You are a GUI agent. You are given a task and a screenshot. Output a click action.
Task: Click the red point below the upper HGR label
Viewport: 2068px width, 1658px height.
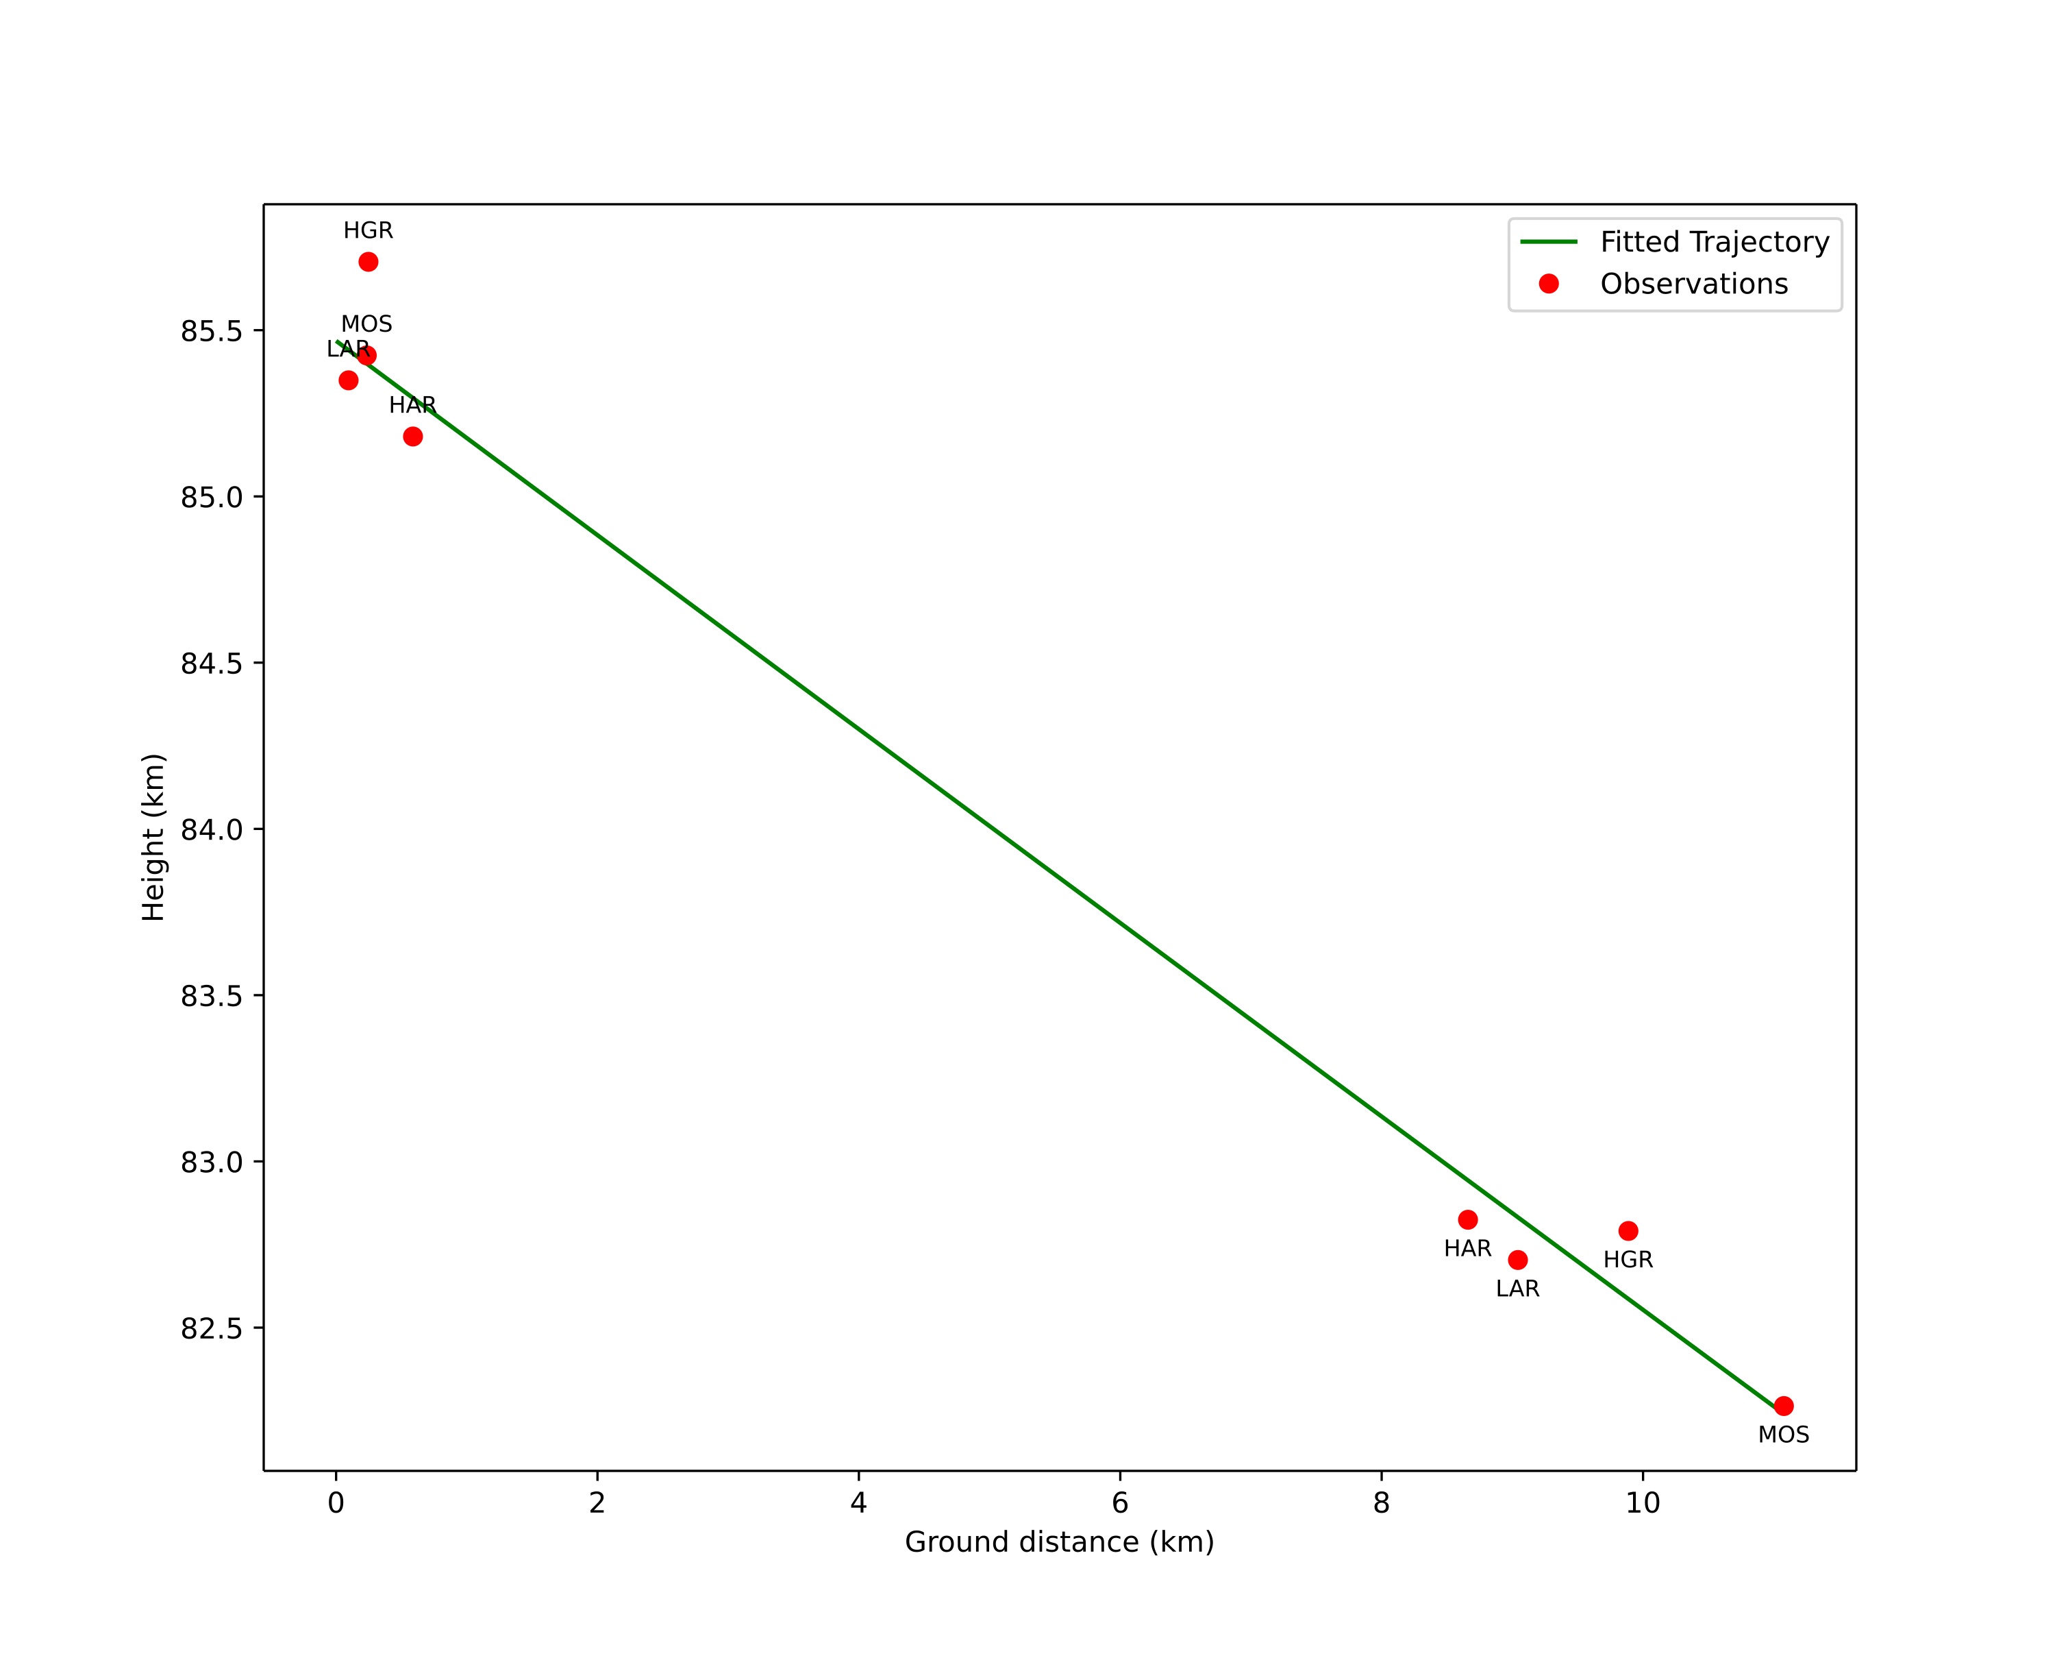click(369, 262)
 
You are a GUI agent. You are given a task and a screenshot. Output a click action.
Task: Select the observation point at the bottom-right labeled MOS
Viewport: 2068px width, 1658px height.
click(1783, 1406)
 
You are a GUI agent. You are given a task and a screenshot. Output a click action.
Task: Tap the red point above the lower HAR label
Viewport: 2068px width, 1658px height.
click(1467, 1219)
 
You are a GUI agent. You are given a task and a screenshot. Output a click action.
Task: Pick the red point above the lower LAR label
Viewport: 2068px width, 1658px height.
click(1517, 1260)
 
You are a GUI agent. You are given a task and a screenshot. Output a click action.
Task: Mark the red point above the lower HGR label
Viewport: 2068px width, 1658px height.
click(1628, 1231)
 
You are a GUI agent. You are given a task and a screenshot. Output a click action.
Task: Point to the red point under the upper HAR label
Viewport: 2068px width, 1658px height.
click(412, 437)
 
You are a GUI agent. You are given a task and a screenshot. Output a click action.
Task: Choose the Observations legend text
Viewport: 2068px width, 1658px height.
click(1694, 284)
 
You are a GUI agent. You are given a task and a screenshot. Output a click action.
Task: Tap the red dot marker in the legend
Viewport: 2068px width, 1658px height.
click(1548, 283)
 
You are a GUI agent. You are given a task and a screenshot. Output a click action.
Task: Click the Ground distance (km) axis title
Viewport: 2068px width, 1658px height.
click(1059, 1543)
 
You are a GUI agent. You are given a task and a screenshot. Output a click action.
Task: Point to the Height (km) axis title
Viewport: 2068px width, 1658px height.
click(153, 838)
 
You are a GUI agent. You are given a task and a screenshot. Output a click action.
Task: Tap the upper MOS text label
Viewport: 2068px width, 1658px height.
click(366, 324)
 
